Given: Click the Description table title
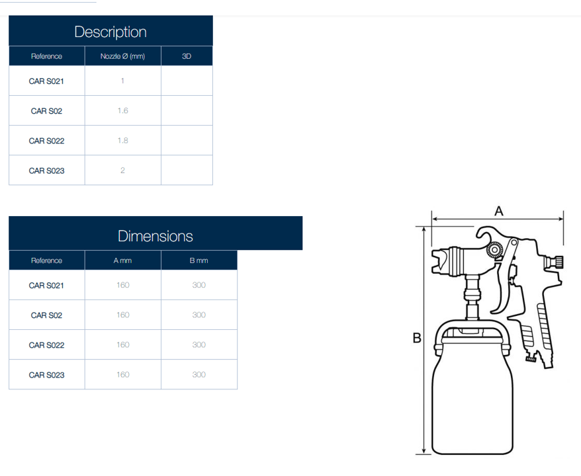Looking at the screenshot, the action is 111,32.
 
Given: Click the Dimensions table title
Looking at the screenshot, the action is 156,236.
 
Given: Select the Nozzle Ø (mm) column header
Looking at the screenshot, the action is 122,56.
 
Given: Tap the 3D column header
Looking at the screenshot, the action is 187,56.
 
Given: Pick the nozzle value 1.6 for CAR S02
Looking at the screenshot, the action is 122,110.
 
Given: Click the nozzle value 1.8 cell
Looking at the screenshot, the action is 122,141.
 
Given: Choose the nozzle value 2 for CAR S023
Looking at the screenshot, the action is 122,171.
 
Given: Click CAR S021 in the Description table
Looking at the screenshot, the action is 46,81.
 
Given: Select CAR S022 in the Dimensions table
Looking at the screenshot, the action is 46,345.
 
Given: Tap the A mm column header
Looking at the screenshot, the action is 122,260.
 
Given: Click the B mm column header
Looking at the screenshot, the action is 199,260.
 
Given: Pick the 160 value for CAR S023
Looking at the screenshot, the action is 122,375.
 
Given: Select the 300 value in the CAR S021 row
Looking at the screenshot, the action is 199,285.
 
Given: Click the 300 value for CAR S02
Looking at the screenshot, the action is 199,315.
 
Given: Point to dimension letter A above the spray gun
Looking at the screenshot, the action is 499,212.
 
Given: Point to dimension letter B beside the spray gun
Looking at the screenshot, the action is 417,338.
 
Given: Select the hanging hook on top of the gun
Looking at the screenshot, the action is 486,233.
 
